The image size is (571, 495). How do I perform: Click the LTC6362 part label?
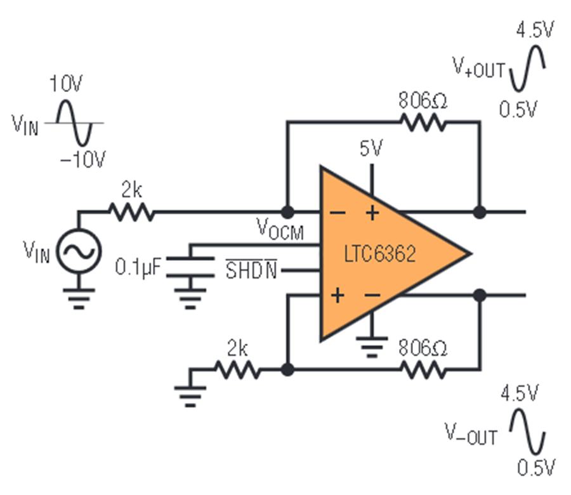pyautogui.click(x=379, y=254)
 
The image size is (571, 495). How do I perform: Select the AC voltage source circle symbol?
pyautogui.click(x=79, y=251)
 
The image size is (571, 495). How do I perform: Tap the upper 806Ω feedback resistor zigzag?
pyautogui.click(x=423, y=122)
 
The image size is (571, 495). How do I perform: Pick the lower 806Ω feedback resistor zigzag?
pyautogui.click(x=423, y=370)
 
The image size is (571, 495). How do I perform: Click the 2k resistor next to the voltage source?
pyautogui.click(x=132, y=211)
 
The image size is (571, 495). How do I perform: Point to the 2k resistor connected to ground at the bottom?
pyautogui.click(x=237, y=370)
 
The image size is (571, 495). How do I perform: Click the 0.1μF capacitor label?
pyautogui.click(x=138, y=267)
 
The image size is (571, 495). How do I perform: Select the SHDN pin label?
pyautogui.click(x=251, y=270)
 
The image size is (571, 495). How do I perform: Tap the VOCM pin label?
pyautogui.click(x=280, y=229)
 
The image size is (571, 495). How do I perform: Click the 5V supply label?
pyautogui.click(x=371, y=148)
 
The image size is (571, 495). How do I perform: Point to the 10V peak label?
pyautogui.click(x=66, y=83)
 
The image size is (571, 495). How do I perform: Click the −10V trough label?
pyautogui.click(x=83, y=159)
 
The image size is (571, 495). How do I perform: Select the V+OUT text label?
pyautogui.click(x=479, y=67)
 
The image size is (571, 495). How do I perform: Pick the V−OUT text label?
pyautogui.click(x=471, y=434)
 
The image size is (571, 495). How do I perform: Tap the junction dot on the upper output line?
pyautogui.click(x=480, y=211)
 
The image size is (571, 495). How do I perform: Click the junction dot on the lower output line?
pyautogui.click(x=480, y=295)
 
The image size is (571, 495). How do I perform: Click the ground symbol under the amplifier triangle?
pyautogui.click(x=371, y=346)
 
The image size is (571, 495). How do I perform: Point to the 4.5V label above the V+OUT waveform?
pyautogui.click(x=535, y=29)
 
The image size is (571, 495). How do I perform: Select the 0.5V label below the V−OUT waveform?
pyautogui.click(x=536, y=467)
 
